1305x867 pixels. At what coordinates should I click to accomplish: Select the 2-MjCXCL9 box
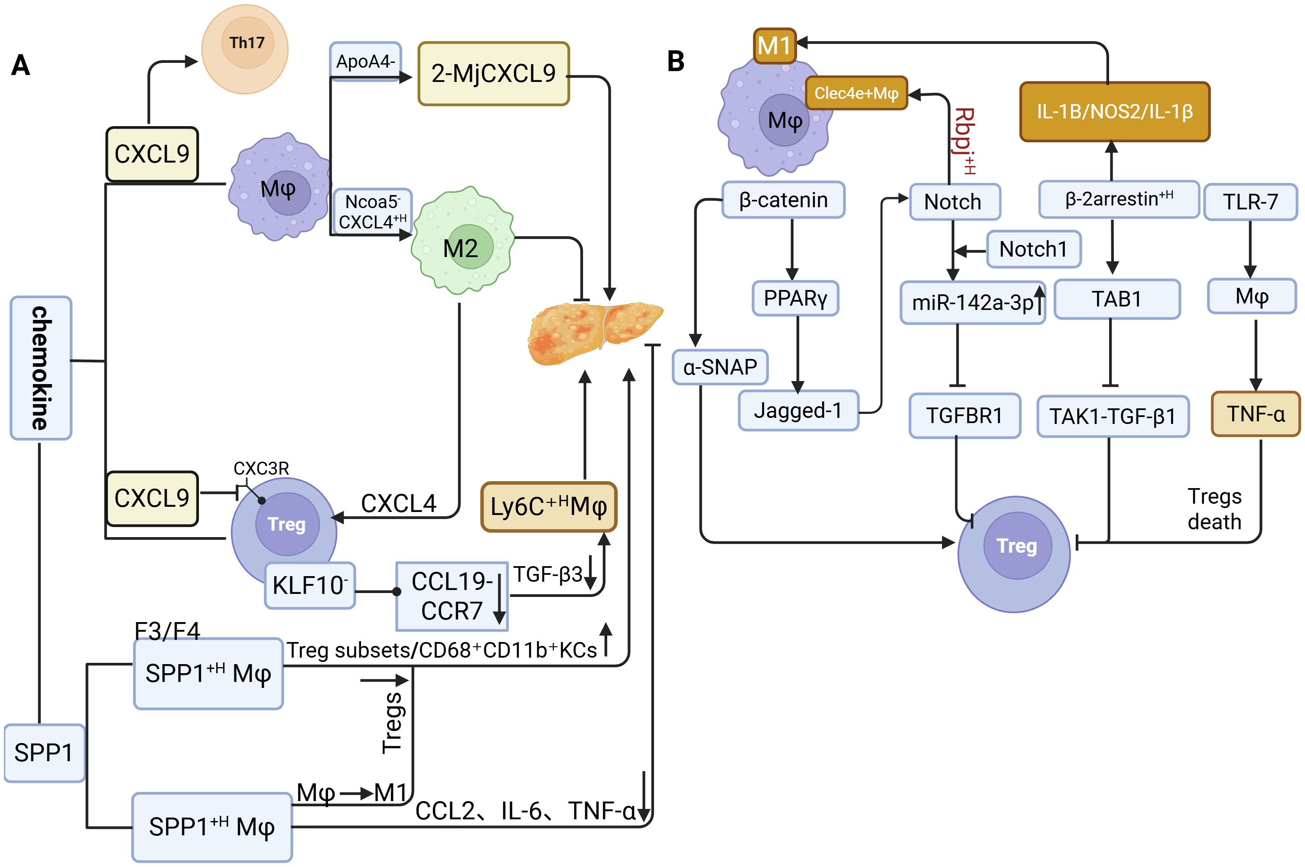pos(493,74)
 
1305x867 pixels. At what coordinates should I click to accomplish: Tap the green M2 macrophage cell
pos(462,241)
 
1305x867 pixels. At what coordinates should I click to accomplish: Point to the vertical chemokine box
pos(41,368)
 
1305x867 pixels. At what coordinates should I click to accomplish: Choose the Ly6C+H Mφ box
pos(548,506)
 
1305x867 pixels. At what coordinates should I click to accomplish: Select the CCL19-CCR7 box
pos(452,596)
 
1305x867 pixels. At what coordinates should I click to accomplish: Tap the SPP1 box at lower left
pos(44,753)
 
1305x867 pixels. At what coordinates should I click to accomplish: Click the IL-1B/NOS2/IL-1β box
pos(1114,112)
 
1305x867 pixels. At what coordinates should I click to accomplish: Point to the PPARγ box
pos(795,299)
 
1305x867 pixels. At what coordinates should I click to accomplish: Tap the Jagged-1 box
pos(798,410)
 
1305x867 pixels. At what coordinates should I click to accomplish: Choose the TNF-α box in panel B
pos(1255,414)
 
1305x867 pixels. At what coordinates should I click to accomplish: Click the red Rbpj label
pos(964,141)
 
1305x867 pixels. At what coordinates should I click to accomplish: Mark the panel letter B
pos(675,61)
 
